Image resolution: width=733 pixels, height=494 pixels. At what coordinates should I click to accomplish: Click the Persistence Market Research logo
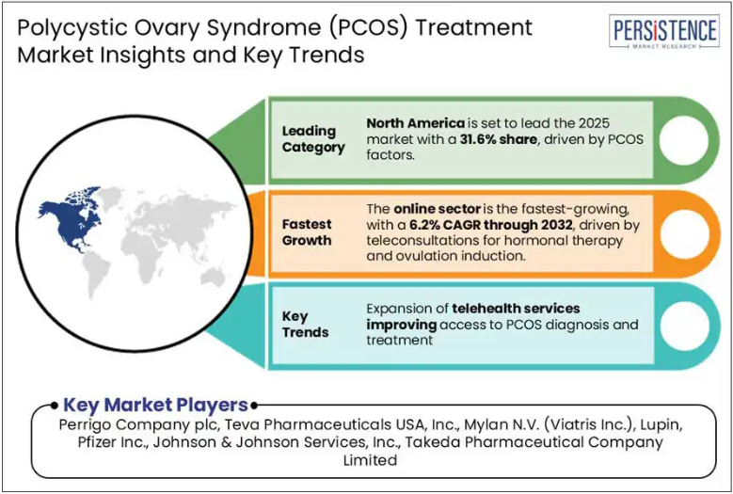pos(663,31)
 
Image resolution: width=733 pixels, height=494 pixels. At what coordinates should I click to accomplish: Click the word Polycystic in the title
pos(58,28)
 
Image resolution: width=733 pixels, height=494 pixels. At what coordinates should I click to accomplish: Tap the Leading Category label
pos(313,139)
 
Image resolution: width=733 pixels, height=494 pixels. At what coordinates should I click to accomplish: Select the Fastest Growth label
pos(307,232)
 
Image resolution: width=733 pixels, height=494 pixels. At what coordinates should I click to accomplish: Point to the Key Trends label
pos(305,325)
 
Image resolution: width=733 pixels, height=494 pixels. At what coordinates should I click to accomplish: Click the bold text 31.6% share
pos(498,139)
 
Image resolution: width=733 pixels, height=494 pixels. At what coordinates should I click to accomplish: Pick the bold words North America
pos(416,123)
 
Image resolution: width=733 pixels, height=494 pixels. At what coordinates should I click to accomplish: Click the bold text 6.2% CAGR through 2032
pos(491,225)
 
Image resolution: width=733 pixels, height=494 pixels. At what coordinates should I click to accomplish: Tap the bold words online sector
pos(438,209)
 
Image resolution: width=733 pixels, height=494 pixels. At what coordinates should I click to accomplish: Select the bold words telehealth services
pos(516,309)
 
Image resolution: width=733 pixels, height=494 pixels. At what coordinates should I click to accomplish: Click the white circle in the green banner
pos(683,140)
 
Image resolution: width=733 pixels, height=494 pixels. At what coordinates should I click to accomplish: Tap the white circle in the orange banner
pos(683,233)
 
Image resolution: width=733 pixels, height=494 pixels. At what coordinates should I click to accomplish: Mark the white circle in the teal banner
pos(683,326)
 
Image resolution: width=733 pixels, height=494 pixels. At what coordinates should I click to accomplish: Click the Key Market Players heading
pos(155,405)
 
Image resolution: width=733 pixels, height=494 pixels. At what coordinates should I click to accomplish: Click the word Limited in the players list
pos(370,460)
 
